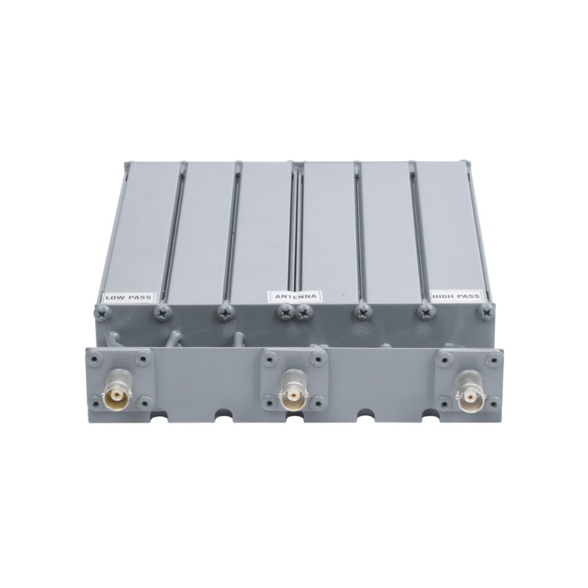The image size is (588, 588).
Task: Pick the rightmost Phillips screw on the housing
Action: (487, 310)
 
